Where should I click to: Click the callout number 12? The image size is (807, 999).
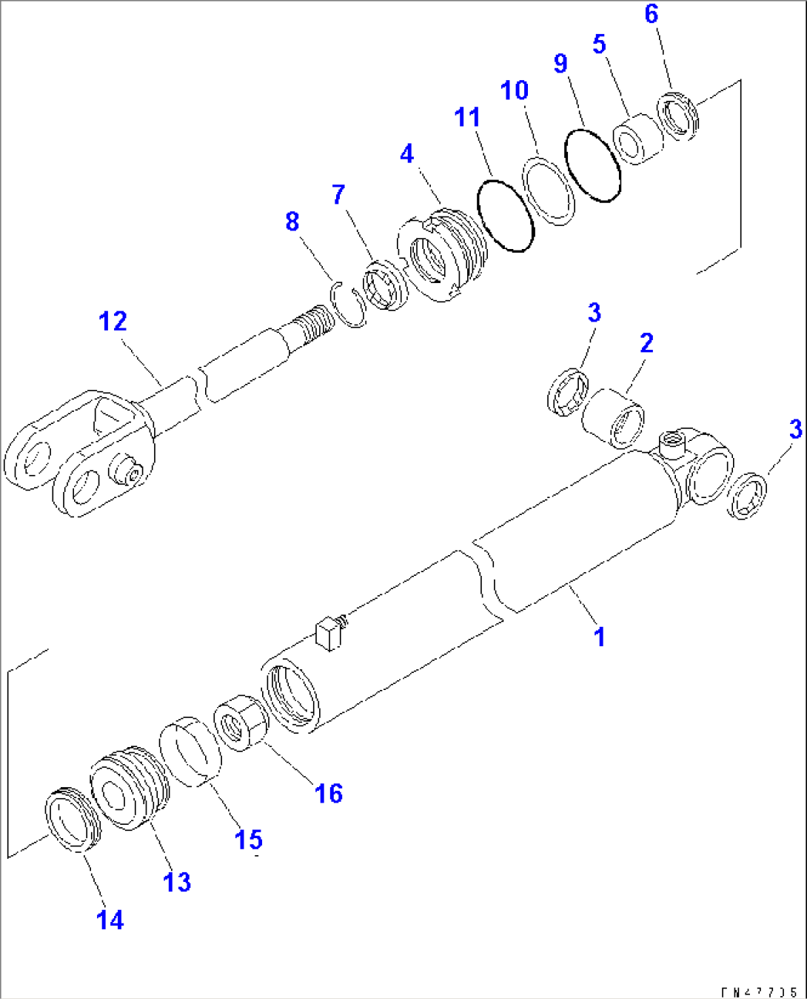click(113, 322)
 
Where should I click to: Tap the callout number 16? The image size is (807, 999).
click(329, 794)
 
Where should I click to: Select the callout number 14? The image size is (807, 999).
click(110, 920)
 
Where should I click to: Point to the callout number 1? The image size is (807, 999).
click(600, 637)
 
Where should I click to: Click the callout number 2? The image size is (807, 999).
click(646, 343)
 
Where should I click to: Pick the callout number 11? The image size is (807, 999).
click(467, 117)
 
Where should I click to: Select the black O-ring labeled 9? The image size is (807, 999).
click(592, 165)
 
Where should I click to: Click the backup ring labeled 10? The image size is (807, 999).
click(549, 190)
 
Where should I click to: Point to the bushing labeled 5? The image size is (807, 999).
click(637, 139)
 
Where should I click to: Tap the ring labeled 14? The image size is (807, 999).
click(73, 820)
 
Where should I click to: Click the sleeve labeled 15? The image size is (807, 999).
click(192, 751)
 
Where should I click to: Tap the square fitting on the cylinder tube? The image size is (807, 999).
click(328, 634)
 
